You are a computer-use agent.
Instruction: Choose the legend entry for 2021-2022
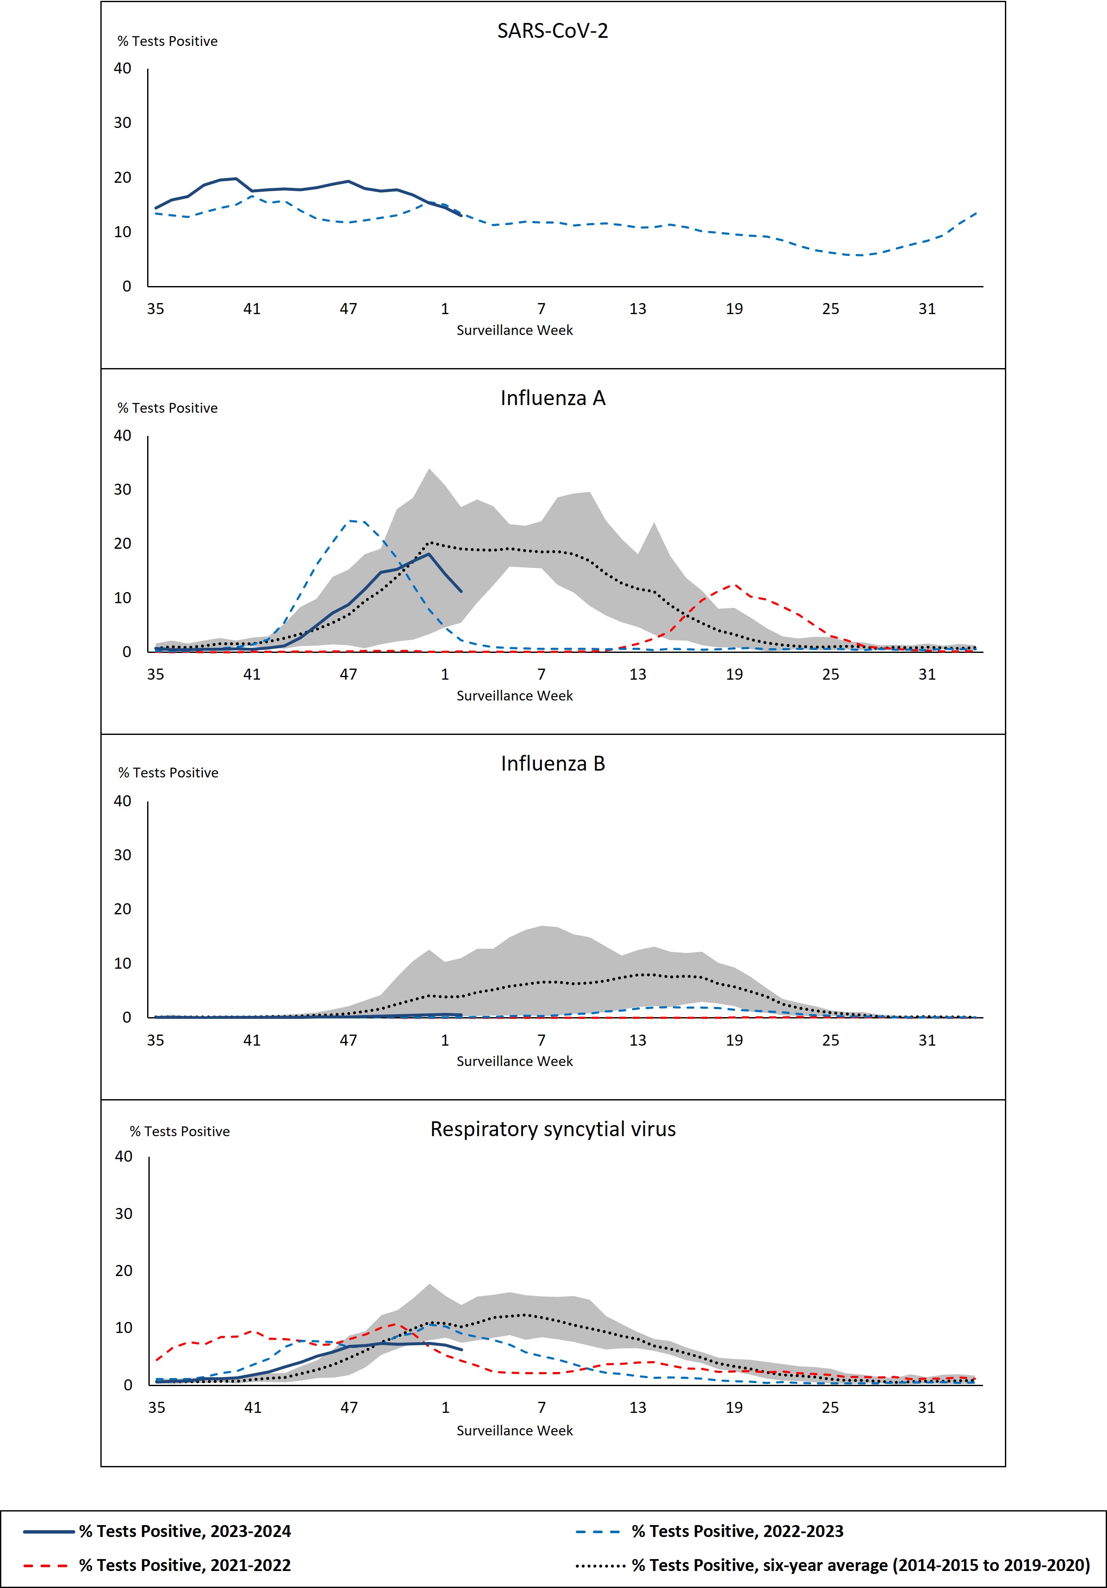pos(185,1565)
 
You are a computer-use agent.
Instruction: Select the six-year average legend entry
pos(860,1565)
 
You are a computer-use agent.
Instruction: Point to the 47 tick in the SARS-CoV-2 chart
pos(348,309)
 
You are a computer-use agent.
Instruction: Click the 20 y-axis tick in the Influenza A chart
pos(122,544)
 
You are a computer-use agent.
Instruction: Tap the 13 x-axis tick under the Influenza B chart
pos(637,1040)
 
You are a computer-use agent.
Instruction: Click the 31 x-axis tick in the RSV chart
pos(926,1407)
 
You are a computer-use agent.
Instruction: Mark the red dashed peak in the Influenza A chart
pos(734,585)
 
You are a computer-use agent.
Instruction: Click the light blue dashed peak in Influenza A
pos(354,521)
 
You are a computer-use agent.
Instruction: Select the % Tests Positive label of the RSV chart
pos(180,1131)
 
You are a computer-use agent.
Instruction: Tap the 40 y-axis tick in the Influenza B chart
pos(122,801)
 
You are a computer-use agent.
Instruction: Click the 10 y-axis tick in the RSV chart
pos(123,1327)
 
